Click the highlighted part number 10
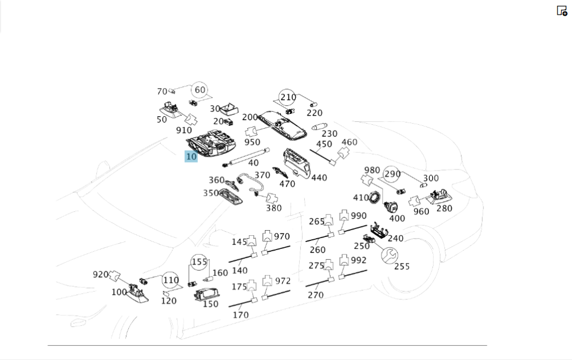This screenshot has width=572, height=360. (x=191, y=157)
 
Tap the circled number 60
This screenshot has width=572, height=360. (x=200, y=90)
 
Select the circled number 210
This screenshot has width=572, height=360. (x=288, y=97)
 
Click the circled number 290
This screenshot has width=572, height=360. (x=392, y=174)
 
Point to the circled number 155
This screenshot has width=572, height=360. (x=199, y=262)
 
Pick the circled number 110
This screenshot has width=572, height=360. (x=170, y=280)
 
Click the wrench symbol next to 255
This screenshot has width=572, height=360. (x=389, y=256)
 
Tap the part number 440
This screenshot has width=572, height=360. (x=319, y=178)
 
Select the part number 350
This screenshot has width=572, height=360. (x=211, y=193)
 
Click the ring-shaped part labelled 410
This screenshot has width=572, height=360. (x=374, y=197)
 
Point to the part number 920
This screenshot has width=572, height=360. (x=100, y=274)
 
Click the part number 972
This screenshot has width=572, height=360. (x=283, y=281)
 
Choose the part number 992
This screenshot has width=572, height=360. (x=358, y=260)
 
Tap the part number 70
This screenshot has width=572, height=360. (x=162, y=91)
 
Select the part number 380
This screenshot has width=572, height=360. (x=273, y=208)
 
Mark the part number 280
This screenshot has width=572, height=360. (x=444, y=208)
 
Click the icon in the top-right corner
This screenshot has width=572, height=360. (x=562, y=11)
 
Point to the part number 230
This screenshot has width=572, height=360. (x=329, y=133)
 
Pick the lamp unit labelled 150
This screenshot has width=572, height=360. (x=206, y=294)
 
